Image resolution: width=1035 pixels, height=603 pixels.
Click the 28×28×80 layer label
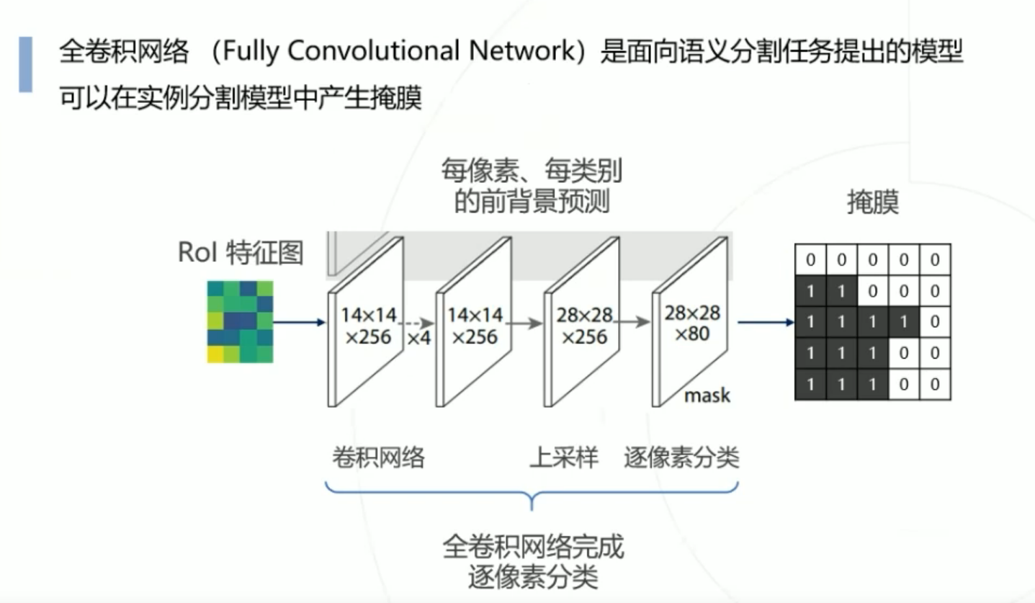[692, 323]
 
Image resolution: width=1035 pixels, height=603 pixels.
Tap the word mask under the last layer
[707, 395]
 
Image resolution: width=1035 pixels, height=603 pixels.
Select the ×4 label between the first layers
[419, 336]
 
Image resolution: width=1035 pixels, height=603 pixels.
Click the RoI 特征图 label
[240, 253]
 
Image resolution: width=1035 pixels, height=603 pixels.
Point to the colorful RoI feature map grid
[240, 321]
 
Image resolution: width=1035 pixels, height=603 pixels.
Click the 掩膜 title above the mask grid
[872, 204]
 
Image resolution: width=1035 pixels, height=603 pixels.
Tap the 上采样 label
[564, 457]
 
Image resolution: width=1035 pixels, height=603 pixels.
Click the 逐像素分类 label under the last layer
[681, 457]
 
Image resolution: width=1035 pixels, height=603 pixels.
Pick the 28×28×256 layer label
[583, 326]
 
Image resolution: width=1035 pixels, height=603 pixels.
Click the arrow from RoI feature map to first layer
[300, 322]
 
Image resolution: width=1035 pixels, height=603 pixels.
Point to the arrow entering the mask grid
[766, 322]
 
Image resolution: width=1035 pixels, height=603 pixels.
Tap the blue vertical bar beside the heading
[25, 65]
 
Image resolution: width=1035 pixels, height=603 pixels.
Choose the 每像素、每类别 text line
[532, 171]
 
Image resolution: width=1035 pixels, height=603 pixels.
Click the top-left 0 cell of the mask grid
[810, 259]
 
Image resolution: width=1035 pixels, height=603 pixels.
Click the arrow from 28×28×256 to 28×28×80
[635, 324]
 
